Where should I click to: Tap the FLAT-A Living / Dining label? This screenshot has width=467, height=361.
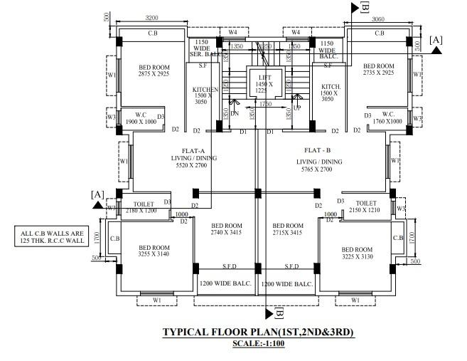[x=193, y=162]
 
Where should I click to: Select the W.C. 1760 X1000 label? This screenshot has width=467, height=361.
[x=387, y=118]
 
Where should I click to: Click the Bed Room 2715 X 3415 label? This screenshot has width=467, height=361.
[x=288, y=229]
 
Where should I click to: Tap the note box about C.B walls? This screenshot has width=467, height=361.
[x=53, y=236]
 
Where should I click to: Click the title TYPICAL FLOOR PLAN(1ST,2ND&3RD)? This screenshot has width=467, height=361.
[x=258, y=333]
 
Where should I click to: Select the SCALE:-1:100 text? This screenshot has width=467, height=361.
[x=257, y=344]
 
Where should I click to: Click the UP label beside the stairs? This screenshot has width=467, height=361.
[x=297, y=108]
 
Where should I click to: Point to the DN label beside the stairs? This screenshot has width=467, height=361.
[x=234, y=113]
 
